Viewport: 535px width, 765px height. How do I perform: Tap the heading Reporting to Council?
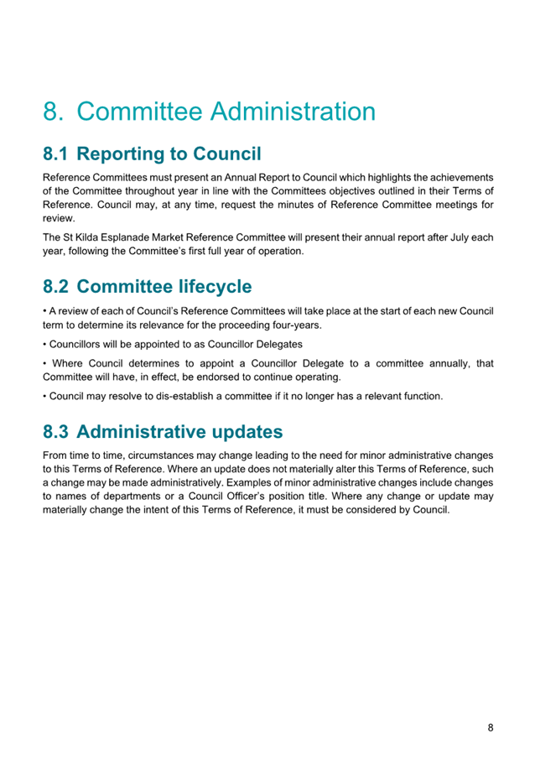point(174,154)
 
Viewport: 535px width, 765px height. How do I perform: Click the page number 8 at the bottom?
point(490,727)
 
